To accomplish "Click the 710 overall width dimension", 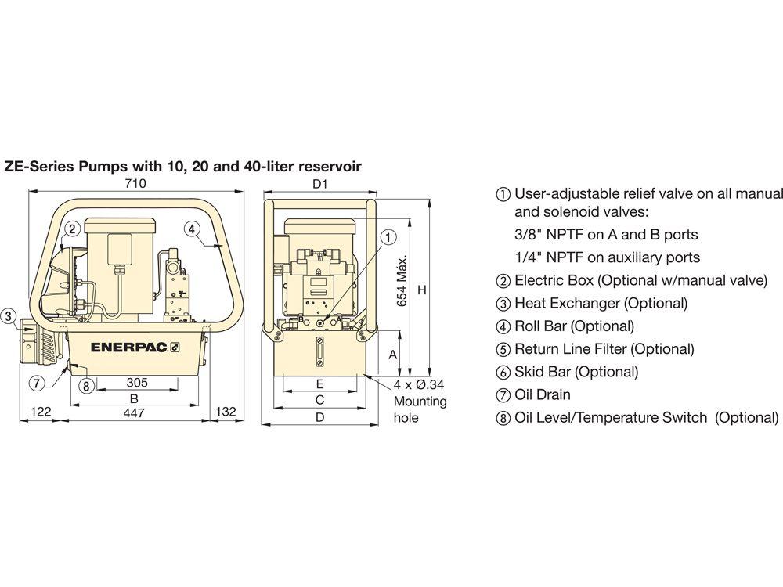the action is [135, 183].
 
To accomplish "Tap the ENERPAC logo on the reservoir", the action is [135, 348].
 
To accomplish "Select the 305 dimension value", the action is [137, 383].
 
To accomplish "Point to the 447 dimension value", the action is [134, 412].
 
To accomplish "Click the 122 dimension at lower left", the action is [41, 412].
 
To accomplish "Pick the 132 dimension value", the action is [226, 412].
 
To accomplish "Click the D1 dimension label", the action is [319, 184].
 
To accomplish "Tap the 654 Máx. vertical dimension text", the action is [402, 280].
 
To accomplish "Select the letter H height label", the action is [422, 290].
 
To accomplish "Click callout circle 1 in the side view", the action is [388, 237].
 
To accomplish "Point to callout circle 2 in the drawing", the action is [72, 229].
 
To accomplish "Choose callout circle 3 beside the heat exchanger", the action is [9, 316].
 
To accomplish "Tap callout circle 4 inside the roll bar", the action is [192, 229].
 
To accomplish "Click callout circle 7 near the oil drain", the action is [37, 384].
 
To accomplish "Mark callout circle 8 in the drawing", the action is [86, 385].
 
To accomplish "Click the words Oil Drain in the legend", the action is [543, 394].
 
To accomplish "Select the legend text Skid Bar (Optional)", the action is [576, 372].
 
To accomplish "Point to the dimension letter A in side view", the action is [393, 355].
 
